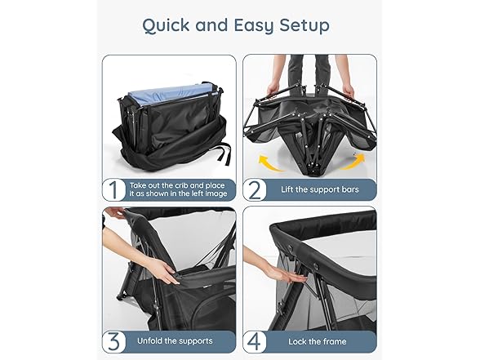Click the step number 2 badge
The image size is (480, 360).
tap(256, 189)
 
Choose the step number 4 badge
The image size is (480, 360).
tap(256, 341)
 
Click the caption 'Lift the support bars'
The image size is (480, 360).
tap(322, 189)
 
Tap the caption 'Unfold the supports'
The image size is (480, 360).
tap(176, 341)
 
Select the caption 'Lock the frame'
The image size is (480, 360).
tap(318, 341)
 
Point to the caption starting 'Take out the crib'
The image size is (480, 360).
tap(176, 189)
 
